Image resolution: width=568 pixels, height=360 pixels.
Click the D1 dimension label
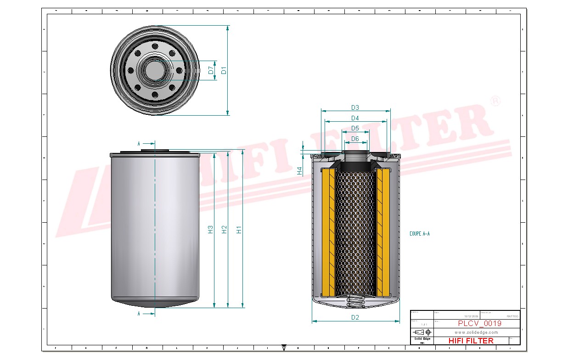tap(224, 70)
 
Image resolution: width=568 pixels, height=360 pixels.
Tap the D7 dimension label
tap(211, 70)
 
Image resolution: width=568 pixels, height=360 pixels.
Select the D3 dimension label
tap(355, 107)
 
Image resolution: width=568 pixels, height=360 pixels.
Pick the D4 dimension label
tap(355, 118)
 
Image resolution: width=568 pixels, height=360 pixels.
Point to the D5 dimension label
tap(355, 128)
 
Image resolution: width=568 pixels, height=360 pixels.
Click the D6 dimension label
tap(355, 139)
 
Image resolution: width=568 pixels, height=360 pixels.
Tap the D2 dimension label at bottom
tap(355, 317)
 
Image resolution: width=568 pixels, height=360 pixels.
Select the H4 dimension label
tap(300, 171)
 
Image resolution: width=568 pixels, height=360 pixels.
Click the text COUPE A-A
tap(419, 234)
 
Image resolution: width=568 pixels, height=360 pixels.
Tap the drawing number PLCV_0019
tap(479, 324)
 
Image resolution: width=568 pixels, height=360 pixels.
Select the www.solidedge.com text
tap(476, 332)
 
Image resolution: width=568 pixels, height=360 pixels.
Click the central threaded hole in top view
tap(155, 70)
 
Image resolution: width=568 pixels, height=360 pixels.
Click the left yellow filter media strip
tap(329, 232)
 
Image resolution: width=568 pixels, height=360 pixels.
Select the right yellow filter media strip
tap(382, 232)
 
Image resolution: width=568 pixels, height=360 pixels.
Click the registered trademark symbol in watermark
tap(495, 101)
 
